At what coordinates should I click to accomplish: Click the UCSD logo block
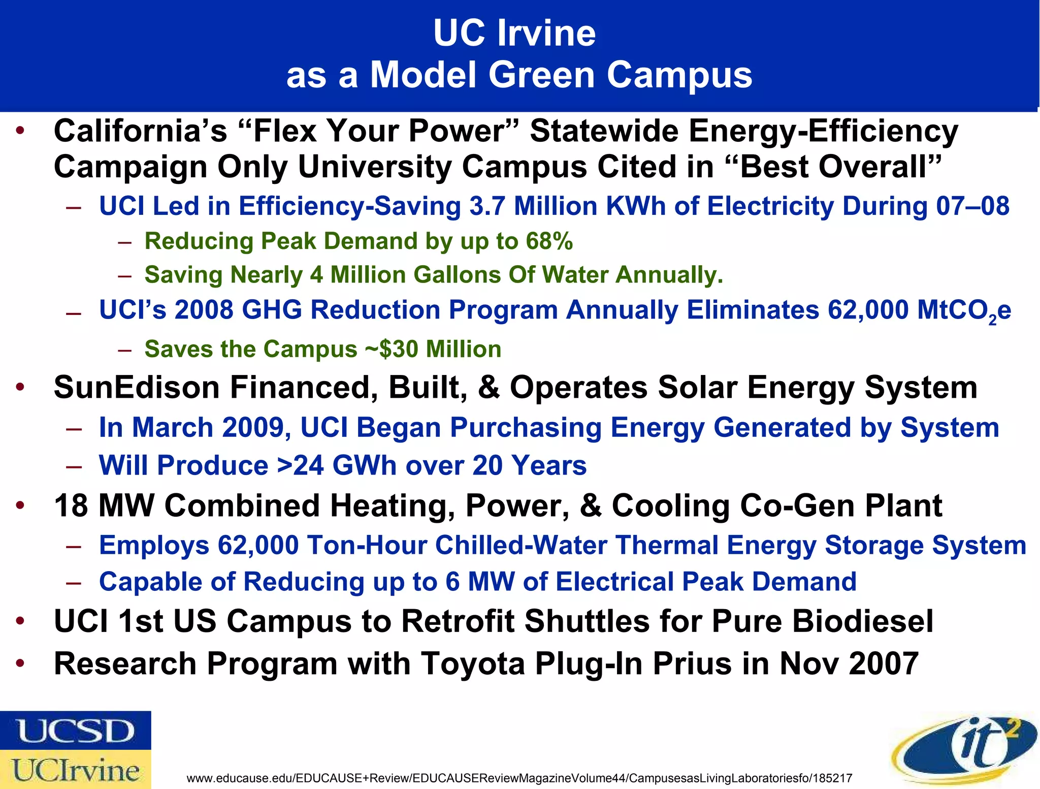75,730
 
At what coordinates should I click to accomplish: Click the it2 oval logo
964,750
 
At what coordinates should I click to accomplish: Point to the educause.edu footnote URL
519,778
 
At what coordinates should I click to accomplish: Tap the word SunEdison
136,388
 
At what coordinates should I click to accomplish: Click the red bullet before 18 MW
20,506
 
